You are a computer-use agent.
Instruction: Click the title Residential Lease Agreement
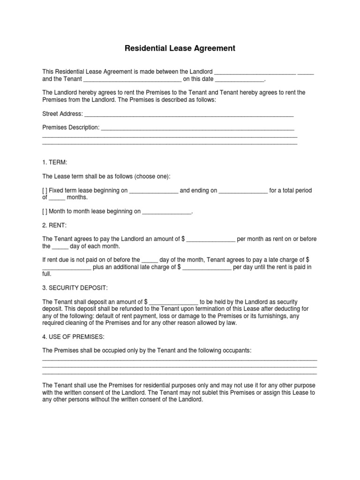[x=180, y=48]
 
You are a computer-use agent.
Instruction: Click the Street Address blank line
[x=188, y=115]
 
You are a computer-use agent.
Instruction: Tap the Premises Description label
[x=71, y=127]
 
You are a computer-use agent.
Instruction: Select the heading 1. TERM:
[x=55, y=162]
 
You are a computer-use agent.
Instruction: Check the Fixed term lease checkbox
[x=45, y=191]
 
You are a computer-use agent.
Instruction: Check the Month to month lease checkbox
[x=45, y=211]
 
